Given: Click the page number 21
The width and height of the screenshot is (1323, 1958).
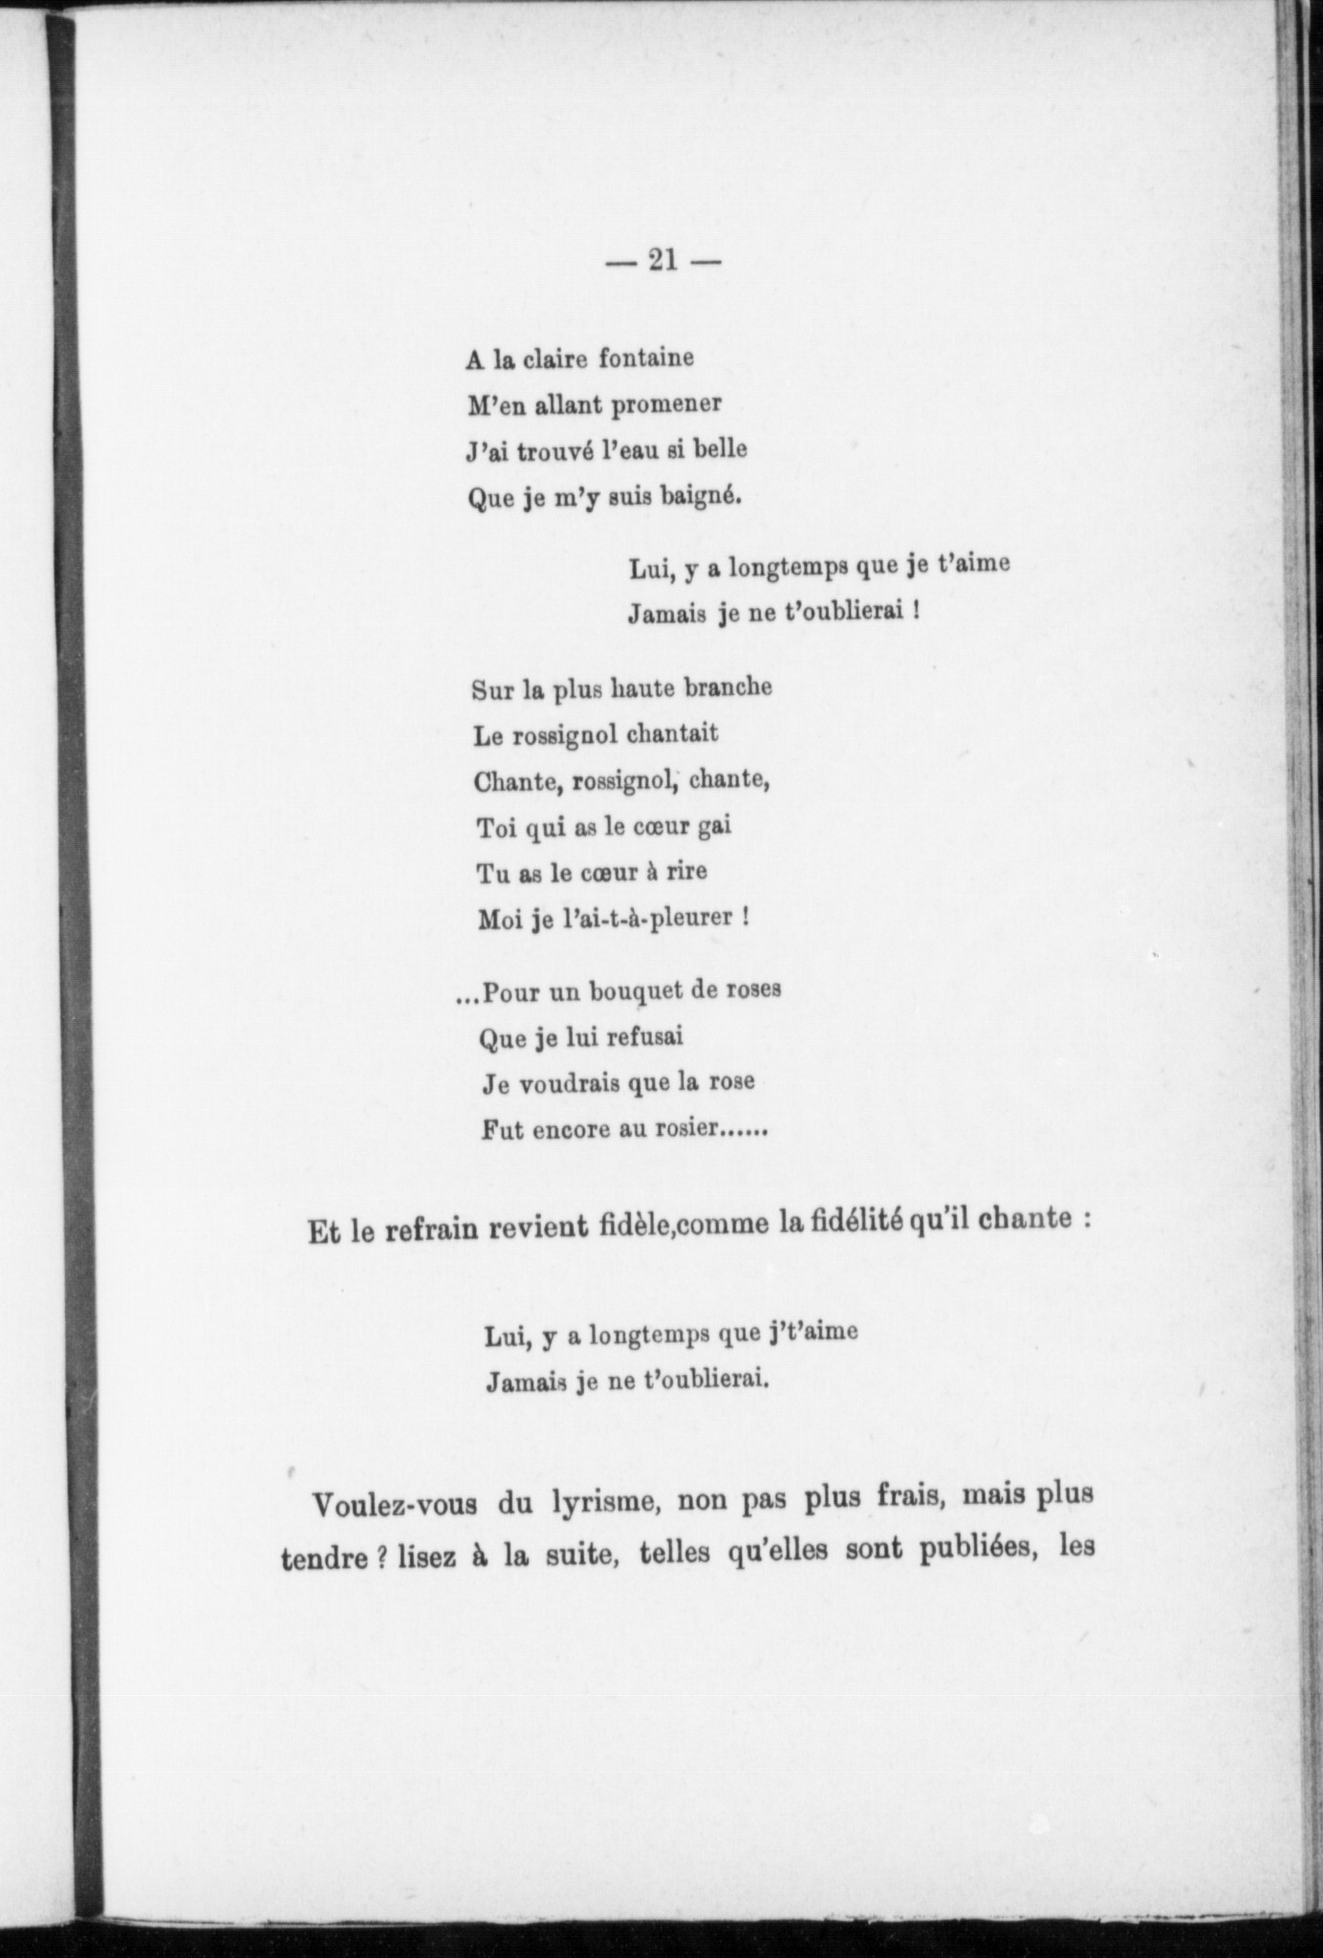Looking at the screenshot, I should point(662,261).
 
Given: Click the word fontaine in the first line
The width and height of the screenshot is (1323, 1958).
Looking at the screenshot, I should point(646,359).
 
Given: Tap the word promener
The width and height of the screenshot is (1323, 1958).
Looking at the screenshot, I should point(666,406).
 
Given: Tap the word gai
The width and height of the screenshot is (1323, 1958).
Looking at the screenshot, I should point(715,826).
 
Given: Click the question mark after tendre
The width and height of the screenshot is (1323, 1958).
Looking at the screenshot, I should point(379,1558).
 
